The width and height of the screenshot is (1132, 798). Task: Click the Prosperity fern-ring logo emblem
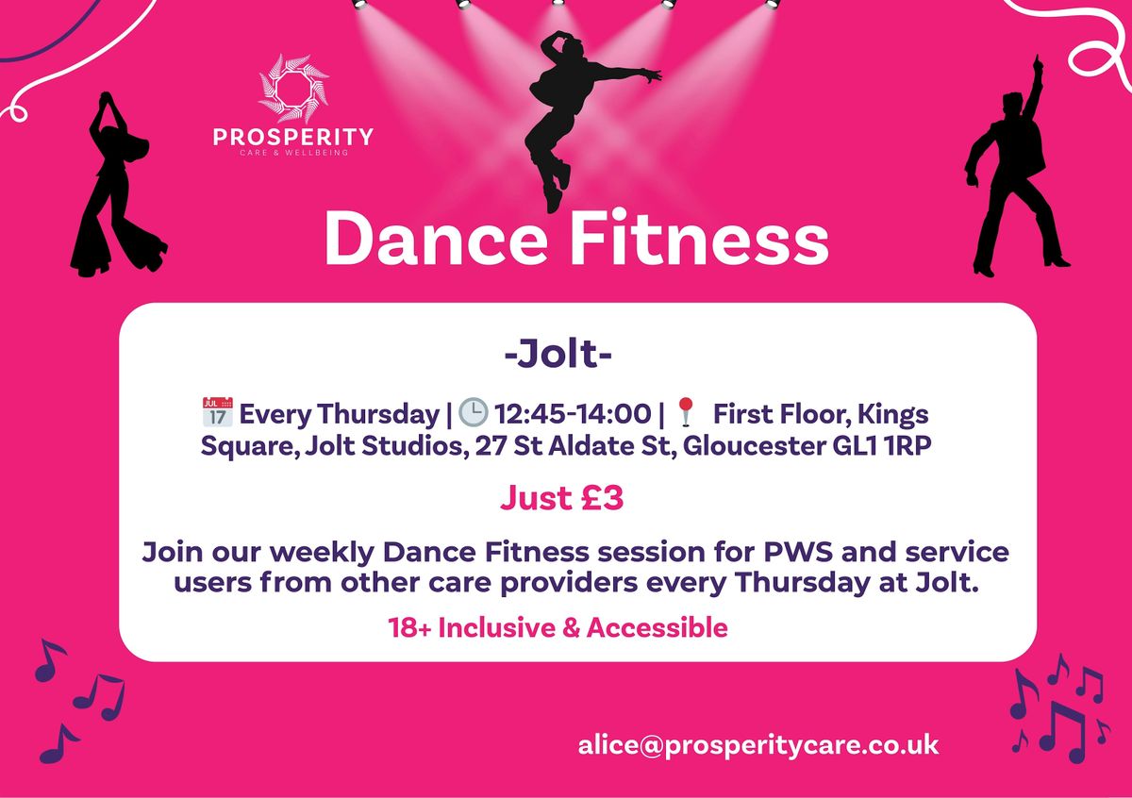click(x=293, y=91)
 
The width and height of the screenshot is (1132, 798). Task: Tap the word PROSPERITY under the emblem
click(x=293, y=138)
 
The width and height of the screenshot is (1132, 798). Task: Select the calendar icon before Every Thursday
click(x=215, y=413)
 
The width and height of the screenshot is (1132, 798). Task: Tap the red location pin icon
click(x=686, y=413)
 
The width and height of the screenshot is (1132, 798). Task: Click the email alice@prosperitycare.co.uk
click(x=759, y=743)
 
